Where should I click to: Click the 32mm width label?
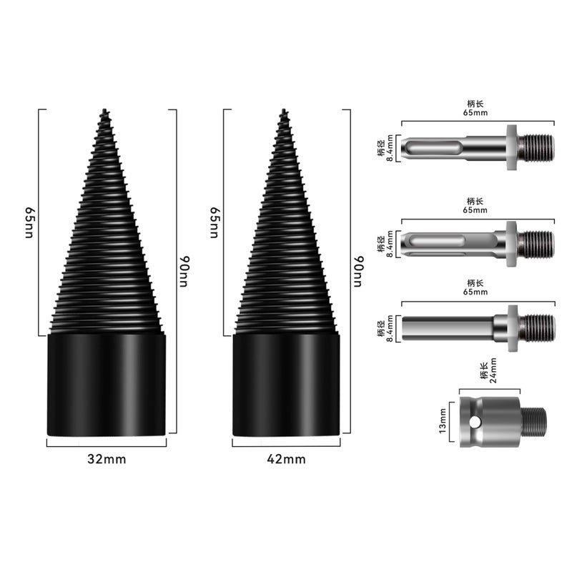[x=107, y=459]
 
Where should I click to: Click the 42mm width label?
[x=287, y=459]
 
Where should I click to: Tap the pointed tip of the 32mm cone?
[x=104, y=109]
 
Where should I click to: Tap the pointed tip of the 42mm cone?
[x=284, y=109]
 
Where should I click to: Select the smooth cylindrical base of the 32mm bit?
[x=107, y=385]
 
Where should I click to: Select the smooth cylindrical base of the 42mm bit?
[x=287, y=385]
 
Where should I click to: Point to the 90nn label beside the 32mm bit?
[x=184, y=272]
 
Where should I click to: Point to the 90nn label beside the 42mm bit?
[x=359, y=272]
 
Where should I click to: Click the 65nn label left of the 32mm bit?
[x=29, y=222]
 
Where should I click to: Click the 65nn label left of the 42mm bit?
[x=214, y=222]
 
